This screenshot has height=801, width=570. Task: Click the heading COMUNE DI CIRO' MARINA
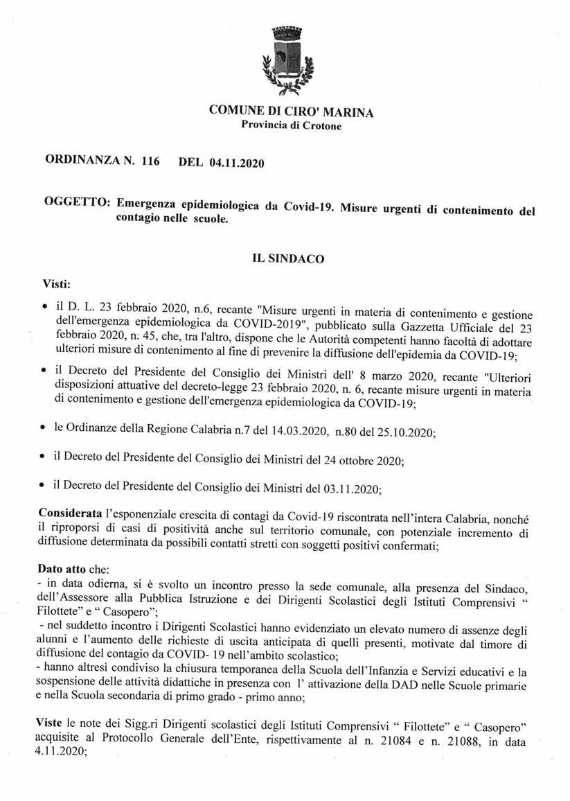click(x=291, y=113)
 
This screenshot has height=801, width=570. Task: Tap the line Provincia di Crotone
click(x=291, y=125)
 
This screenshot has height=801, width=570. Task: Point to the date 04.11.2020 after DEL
click(x=235, y=164)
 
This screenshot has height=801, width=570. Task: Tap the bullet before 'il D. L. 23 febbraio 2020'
click(x=45, y=306)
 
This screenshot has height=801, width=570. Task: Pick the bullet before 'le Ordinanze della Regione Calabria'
click(x=45, y=431)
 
